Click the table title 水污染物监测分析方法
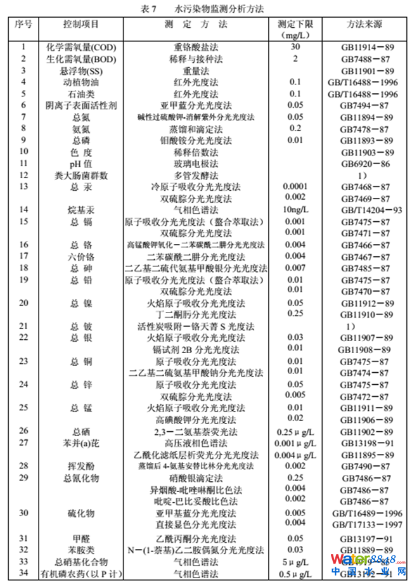tap(219, 8)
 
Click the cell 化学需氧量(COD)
tap(82, 48)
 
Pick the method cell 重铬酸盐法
tap(196, 48)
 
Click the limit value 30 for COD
tap(295, 48)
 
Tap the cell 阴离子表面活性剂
tap(82, 105)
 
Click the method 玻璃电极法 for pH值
tap(196, 163)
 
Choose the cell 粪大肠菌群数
tap(82, 175)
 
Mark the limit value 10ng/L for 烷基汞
tap(295, 210)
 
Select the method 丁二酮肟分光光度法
tap(196, 314)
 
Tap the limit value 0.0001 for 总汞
tap(295, 186)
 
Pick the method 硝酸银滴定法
tap(196, 477)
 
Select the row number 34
tap(25, 574)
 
